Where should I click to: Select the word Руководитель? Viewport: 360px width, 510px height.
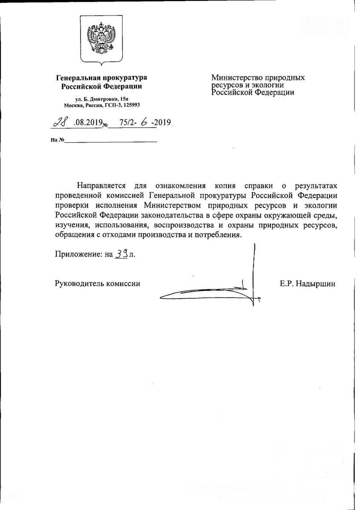(x=78, y=284)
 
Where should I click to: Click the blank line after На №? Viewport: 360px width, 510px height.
(x=111, y=141)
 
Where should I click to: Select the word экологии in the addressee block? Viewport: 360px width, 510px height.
(x=269, y=85)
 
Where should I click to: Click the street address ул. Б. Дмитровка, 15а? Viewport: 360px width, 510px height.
(x=102, y=98)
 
